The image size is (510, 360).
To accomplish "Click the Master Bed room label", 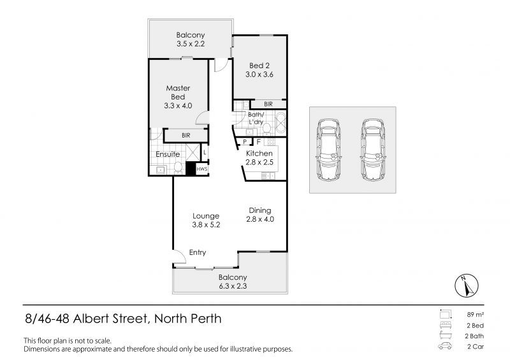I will (178, 92).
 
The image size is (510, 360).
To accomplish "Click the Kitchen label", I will (259, 154).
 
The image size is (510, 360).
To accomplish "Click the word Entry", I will (198, 253).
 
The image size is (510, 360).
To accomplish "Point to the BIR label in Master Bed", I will (186, 135).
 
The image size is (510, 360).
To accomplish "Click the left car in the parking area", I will (329, 150).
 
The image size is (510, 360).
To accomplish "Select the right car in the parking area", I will (373, 150).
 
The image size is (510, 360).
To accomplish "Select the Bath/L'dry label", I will (256, 118).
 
